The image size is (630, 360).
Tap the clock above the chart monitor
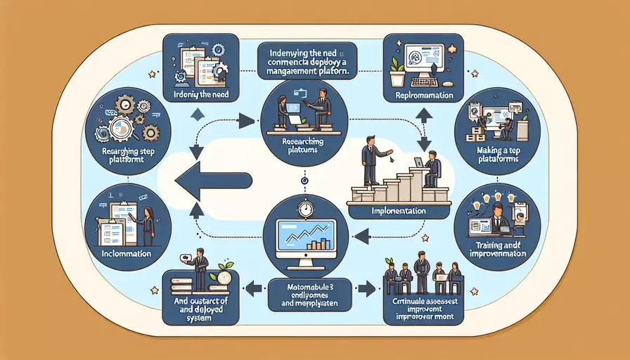point(304,210)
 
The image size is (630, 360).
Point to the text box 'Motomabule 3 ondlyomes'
point(304,295)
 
